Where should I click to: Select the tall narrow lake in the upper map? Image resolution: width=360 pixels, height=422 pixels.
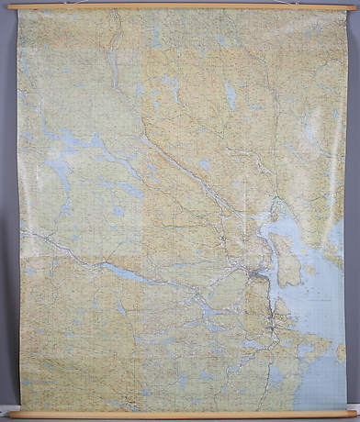tap(231, 94)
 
